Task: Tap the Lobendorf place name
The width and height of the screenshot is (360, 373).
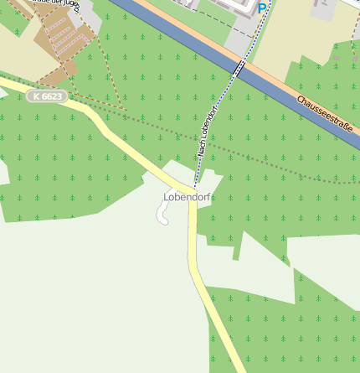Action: (186, 197)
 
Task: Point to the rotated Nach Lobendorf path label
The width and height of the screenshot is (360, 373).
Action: (208, 132)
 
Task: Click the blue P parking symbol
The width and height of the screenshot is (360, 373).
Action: (262, 8)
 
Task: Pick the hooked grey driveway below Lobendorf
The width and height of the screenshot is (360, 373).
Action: (161, 215)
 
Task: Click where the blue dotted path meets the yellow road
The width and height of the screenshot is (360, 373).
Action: (195, 186)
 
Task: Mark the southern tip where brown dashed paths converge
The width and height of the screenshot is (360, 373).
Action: (126, 109)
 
